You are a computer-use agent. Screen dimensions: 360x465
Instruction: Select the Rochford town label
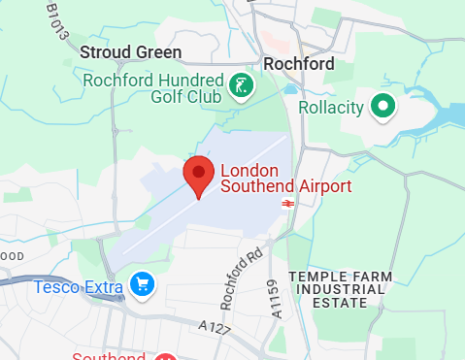(299, 64)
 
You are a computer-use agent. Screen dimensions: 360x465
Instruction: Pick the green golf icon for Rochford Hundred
(240, 88)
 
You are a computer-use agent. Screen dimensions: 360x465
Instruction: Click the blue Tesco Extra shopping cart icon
(143, 285)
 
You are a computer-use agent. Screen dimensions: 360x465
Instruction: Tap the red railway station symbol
(287, 203)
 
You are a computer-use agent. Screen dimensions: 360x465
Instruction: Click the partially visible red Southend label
(111, 356)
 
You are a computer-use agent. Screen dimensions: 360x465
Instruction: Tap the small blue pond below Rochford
(291, 89)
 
